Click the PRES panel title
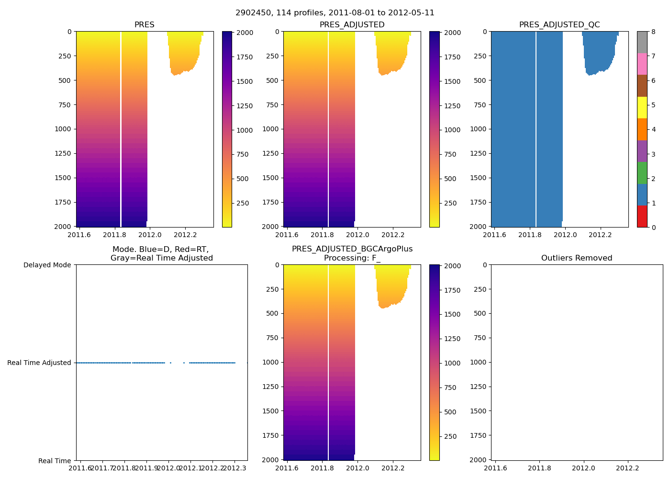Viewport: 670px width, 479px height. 144,25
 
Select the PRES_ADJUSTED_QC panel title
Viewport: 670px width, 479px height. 559,25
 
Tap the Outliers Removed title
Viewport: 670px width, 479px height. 576,258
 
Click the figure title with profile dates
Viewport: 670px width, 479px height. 335,13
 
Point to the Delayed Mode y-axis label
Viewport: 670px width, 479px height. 47,265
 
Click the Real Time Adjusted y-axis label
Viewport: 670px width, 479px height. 39,363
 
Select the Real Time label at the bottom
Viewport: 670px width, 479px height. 55,461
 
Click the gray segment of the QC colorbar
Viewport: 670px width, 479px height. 642,42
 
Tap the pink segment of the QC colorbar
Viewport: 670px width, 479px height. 642,64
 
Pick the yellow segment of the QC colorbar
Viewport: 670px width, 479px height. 642,107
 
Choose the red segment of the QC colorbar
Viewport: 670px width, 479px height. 642,216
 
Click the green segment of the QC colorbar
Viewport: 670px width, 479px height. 642,172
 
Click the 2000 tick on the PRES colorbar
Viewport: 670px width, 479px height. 245,33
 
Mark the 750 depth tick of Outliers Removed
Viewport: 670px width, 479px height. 479,338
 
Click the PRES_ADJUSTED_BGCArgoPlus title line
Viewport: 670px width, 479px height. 352,249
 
